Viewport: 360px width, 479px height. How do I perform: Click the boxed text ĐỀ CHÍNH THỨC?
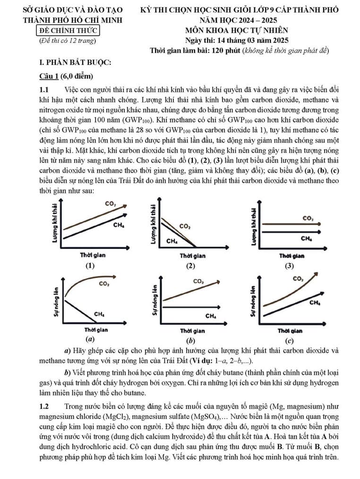[68, 31]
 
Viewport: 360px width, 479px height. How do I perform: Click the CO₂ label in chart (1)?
[111, 204]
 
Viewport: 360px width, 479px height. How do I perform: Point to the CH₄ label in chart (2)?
[172, 241]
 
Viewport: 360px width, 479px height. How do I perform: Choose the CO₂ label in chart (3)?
[308, 219]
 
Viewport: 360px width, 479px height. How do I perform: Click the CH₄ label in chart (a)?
[99, 314]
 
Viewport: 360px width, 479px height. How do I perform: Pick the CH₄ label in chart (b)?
[211, 316]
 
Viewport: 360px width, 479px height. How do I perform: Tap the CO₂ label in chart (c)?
[298, 279]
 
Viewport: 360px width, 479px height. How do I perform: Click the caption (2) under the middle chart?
[190, 265]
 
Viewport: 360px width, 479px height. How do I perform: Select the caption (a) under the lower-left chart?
[88, 340]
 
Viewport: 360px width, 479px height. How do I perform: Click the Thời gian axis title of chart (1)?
[92, 256]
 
